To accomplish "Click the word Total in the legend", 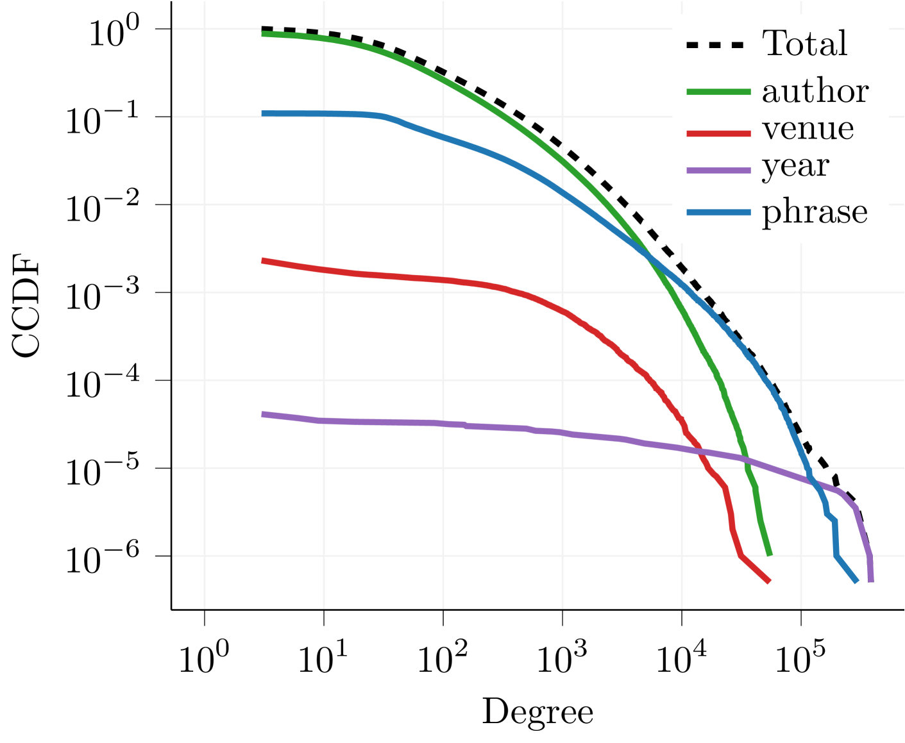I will point(805,44).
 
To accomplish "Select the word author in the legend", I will point(815,92).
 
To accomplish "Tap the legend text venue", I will point(808,129).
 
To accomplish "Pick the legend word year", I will point(795,167).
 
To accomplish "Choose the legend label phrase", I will point(815,212).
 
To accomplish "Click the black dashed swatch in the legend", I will point(715,45).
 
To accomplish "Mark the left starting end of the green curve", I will point(263,34).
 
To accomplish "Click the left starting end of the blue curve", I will point(263,113).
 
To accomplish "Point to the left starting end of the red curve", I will point(263,260).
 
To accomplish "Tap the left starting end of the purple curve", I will point(263,414).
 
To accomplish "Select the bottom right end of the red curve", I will point(769,581).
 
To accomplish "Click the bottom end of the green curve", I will point(770,554).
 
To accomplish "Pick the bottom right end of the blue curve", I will point(857,581).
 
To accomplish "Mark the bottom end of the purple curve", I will point(870,580).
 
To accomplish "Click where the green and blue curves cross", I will point(648,257).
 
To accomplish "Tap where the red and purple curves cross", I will point(699,451).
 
